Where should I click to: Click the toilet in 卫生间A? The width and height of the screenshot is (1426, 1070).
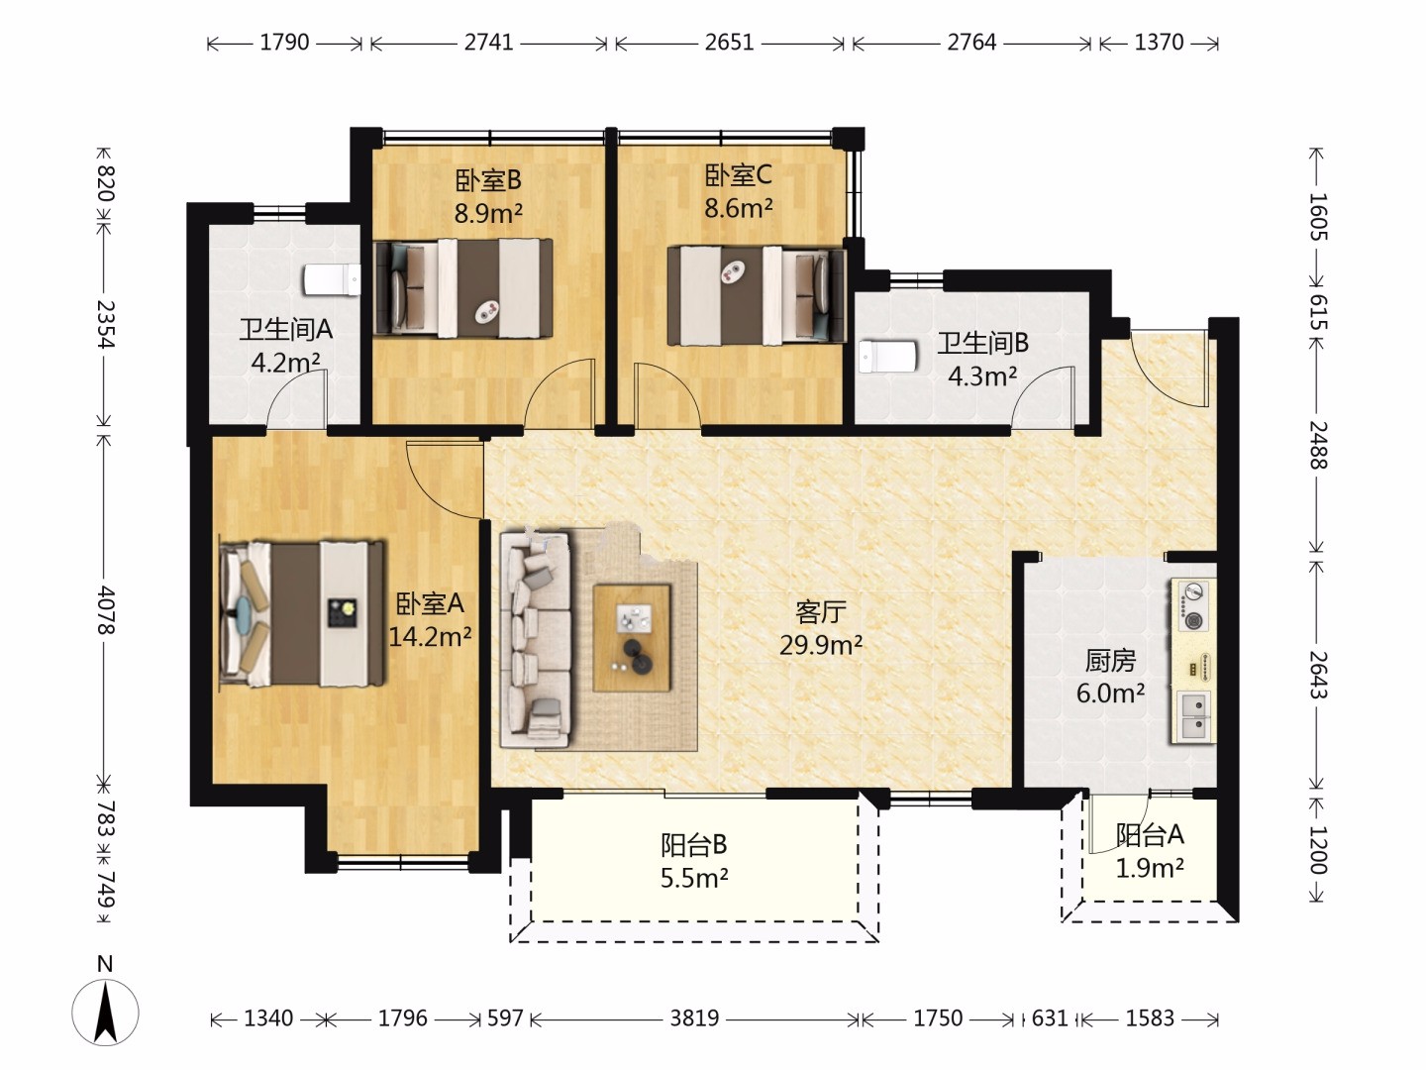332,280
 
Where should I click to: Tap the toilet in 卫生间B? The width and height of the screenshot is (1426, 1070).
887,356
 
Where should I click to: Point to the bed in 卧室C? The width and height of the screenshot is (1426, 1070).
757,295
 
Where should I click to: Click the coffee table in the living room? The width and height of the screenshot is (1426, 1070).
632,638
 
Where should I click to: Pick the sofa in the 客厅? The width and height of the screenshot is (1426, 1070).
536,640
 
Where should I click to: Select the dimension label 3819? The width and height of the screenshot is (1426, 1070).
694,1017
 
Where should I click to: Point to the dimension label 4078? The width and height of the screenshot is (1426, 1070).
105,610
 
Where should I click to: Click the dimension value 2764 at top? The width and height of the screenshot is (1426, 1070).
971,43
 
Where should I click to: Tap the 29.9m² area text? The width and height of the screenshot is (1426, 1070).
821,645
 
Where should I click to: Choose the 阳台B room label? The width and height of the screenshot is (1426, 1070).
693,844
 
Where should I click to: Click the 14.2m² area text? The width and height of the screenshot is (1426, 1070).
430,637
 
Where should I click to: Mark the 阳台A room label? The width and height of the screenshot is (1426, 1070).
1150,835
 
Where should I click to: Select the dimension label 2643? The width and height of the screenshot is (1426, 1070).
1318,675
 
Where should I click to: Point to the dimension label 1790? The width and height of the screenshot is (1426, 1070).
284,43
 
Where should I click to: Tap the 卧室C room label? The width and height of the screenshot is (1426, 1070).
739,175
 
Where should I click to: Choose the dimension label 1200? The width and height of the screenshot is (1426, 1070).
1318,850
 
